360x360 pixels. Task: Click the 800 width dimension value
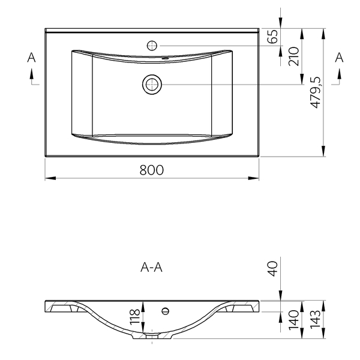(x=152, y=170)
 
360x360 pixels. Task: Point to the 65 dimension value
(x=274, y=37)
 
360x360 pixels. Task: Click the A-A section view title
(x=151, y=268)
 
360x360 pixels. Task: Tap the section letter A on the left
(x=31, y=58)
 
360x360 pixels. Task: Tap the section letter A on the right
(x=339, y=58)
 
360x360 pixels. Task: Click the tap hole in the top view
(x=152, y=44)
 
